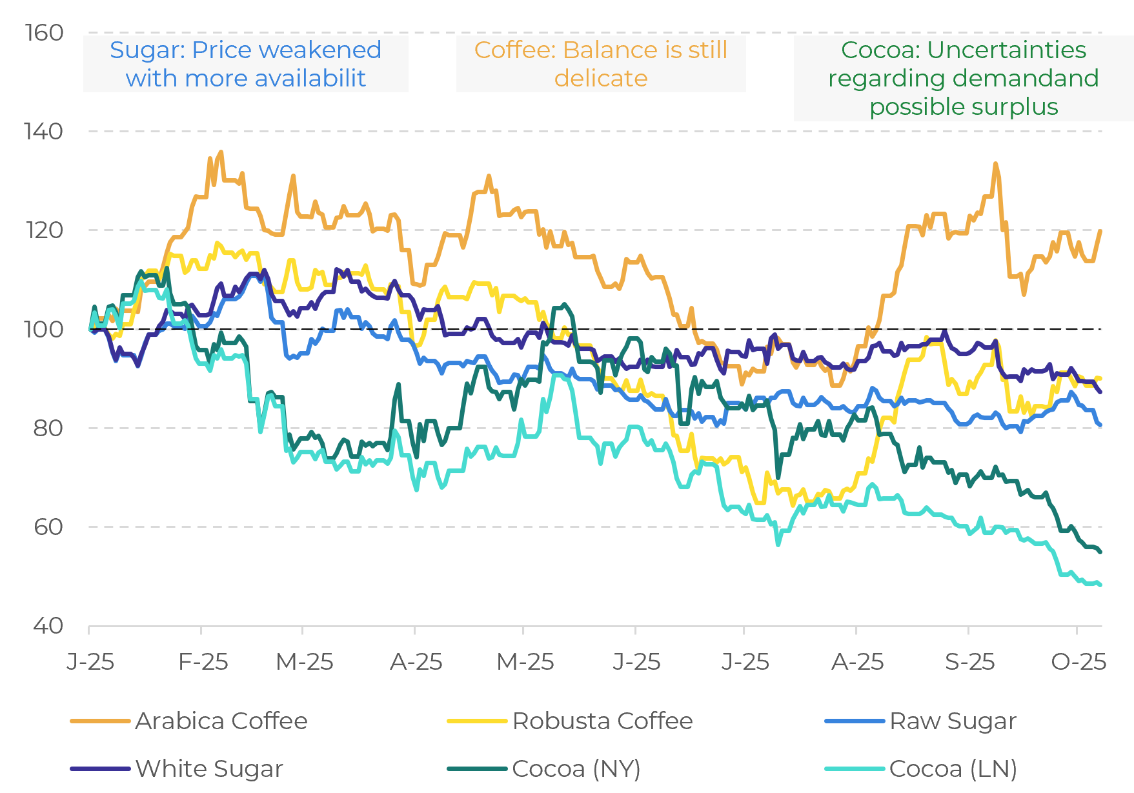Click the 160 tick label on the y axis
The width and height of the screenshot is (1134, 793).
coord(44,33)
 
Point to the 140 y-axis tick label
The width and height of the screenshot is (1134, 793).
coord(44,132)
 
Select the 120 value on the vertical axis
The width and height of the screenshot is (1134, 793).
coord(44,230)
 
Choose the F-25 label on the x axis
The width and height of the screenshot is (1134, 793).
coord(203,662)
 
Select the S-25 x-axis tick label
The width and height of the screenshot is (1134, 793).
coord(969,662)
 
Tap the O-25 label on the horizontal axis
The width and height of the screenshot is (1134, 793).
coord(1078,662)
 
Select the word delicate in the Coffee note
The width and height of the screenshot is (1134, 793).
coord(601,78)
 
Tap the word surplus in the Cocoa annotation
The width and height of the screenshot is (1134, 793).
coord(1022,106)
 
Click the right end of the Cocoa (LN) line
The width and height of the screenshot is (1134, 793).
coord(1100,585)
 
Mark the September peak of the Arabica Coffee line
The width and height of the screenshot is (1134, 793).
coord(995,164)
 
